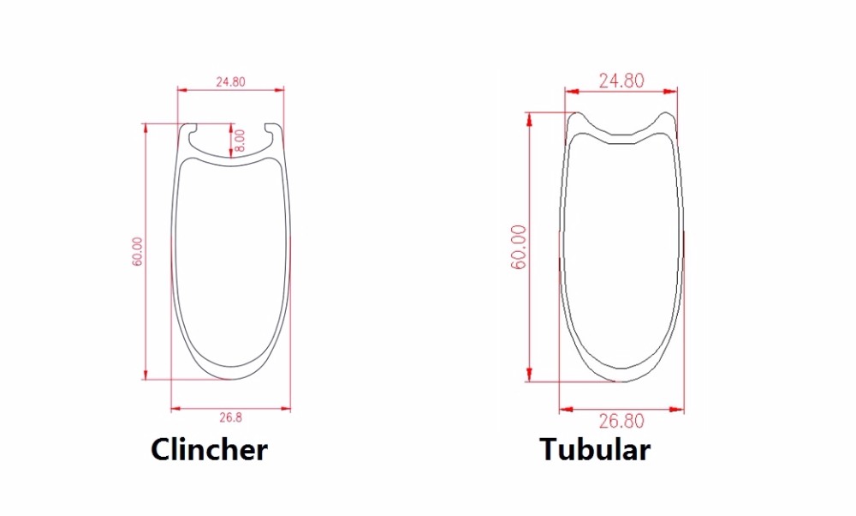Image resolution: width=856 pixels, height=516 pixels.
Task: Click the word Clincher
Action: tap(209, 449)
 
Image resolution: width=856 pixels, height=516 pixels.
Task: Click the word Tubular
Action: tap(595, 449)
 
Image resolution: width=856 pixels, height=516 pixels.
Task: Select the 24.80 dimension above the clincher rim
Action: tap(230, 82)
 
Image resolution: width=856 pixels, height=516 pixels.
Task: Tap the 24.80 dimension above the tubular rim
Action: tap(621, 81)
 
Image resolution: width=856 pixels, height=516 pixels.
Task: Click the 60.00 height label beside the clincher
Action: tap(137, 251)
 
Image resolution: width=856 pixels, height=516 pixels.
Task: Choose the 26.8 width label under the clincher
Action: tap(230, 417)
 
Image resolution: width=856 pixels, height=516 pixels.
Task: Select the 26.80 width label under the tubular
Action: tap(621, 421)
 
